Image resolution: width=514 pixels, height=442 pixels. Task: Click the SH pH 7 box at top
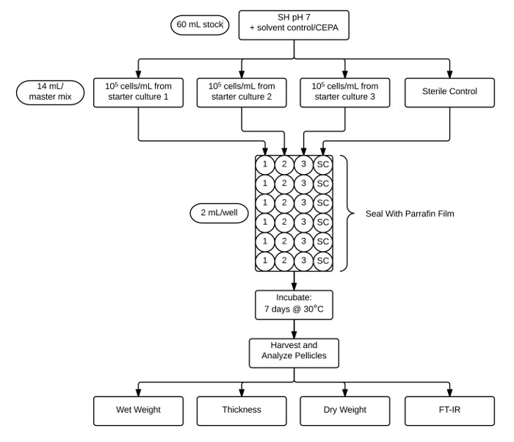[294, 23]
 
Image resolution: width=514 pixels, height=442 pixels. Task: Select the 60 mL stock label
[200, 24]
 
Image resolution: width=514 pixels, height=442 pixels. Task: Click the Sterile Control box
[449, 93]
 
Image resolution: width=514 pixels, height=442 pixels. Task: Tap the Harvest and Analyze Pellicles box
[294, 353]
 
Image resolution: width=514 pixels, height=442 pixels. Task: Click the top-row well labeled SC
[323, 164]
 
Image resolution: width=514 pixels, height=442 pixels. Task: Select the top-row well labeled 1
[265, 164]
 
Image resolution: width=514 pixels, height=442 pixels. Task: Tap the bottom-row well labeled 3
[304, 261]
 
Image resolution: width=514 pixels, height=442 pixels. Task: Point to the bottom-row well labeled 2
[285, 261]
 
